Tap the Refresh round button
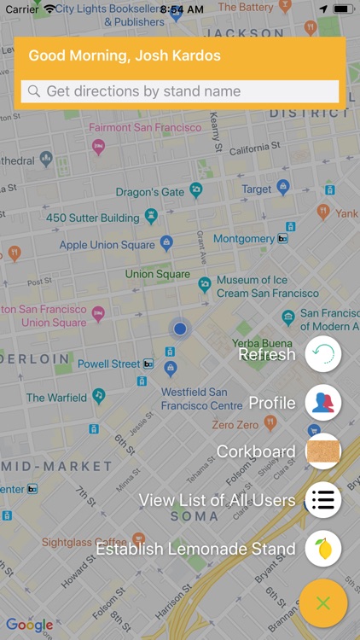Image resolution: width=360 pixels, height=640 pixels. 322,354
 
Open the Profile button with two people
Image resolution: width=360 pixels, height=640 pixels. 322,403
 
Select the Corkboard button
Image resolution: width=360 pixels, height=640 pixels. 322,451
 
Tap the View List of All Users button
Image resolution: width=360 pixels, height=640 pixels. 322,500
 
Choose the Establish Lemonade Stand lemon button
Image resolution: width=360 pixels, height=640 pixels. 322,549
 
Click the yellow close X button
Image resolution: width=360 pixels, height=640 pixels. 322,603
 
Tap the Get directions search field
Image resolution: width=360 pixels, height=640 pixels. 180,91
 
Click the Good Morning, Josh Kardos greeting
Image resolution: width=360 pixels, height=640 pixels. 125,56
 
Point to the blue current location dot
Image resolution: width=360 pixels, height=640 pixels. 180,329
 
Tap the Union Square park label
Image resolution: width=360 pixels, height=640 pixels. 157,274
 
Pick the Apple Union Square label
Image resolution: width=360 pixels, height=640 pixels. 107,245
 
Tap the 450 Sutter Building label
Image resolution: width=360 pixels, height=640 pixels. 92,218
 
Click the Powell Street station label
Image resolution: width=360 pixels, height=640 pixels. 108,364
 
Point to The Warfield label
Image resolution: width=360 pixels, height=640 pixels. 56,397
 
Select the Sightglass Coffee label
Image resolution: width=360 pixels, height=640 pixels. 84,542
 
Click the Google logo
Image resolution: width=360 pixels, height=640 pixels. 29,625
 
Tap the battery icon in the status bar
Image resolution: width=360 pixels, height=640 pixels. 343,9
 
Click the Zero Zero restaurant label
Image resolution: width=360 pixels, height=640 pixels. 235,425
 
